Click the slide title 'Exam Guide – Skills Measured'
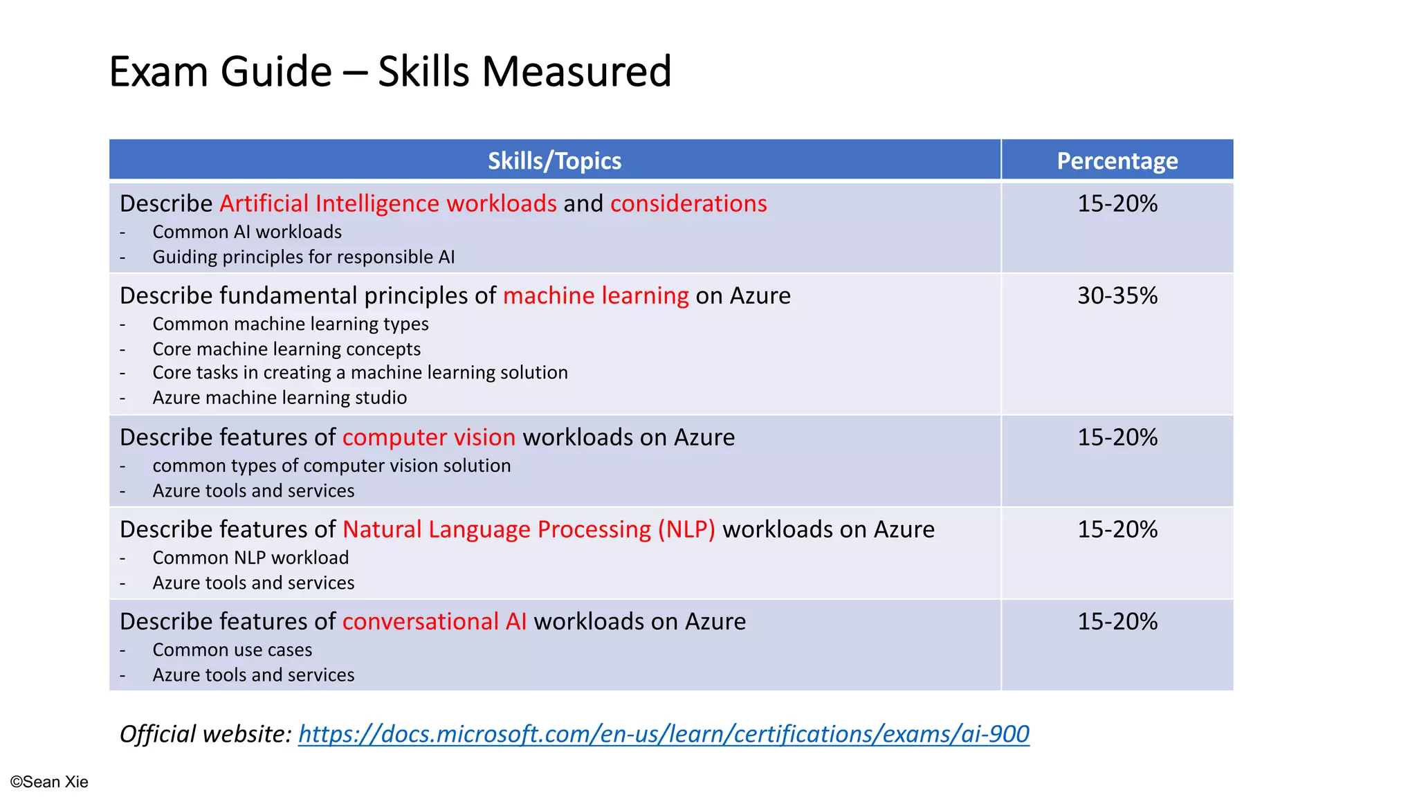[390, 71]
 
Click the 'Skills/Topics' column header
[554, 161]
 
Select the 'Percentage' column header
[1117, 161]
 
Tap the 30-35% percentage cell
[1117, 296]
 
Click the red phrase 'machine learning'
[596, 296]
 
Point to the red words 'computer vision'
[429, 438]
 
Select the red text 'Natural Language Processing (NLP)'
[529, 530]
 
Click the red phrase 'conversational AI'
[435, 622]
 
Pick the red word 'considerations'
[688, 204]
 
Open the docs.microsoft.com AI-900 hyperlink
[664, 734]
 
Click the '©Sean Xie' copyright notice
[49, 782]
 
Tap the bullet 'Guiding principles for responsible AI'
[303, 257]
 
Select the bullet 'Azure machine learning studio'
[280, 398]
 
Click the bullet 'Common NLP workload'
[250, 558]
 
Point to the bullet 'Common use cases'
[232, 650]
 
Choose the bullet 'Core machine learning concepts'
[286, 349]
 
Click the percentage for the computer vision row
[1117, 438]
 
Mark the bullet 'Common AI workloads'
[247, 232]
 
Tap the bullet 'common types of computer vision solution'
[331, 466]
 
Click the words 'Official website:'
[205, 734]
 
